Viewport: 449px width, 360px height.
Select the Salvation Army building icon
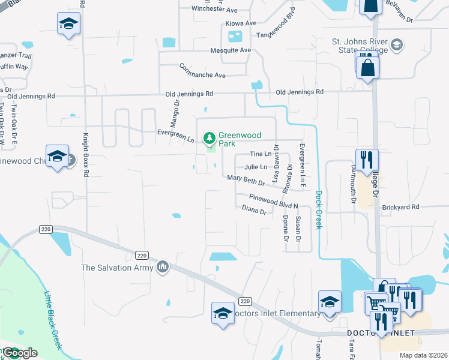[162, 267]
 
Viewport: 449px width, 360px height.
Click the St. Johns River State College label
[360, 46]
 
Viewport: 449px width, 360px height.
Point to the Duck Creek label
[319, 209]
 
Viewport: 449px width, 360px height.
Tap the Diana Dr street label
[254, 211]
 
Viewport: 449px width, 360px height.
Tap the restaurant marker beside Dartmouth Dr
[367, 160]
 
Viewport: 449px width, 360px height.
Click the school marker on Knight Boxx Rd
[68, 24]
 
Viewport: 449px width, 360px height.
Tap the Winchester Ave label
[214, 9]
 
